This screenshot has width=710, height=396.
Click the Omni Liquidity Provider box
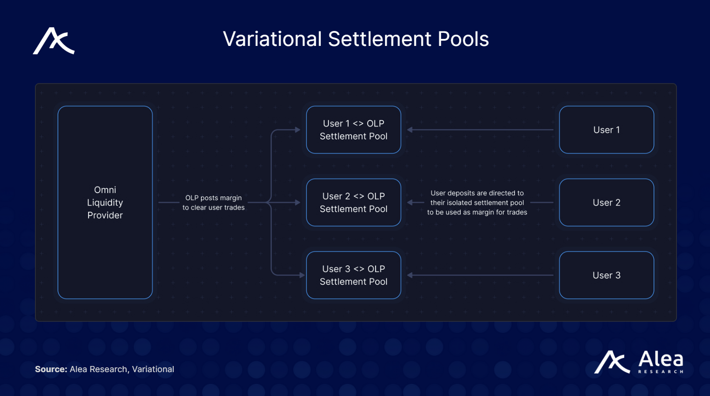coord(105,202)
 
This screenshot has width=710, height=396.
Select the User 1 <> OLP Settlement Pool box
coord(354,130)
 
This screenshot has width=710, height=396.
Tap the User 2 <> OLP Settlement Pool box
coord(354,202)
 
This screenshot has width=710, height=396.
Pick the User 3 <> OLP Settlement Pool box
coord(354,275)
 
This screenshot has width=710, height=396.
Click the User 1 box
coord(606,130)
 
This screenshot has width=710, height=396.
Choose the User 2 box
coord(606,202)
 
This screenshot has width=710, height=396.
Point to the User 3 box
coord(606,275)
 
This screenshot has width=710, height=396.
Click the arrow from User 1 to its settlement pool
coord(480,130)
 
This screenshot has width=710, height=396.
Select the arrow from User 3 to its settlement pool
coord(480,275)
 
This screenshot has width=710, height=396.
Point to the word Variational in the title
coord(272,39)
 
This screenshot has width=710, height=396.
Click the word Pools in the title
coord(463,39)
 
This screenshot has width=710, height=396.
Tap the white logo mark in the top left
coord(54,41)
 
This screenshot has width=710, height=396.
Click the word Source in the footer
coord(51,369)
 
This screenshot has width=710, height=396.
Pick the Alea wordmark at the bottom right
coord(661,359)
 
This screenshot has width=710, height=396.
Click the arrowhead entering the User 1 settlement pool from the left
coord(297,130)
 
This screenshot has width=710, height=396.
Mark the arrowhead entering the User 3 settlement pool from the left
coord(302,275)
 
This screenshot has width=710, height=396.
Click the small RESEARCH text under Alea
coord(661,372)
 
